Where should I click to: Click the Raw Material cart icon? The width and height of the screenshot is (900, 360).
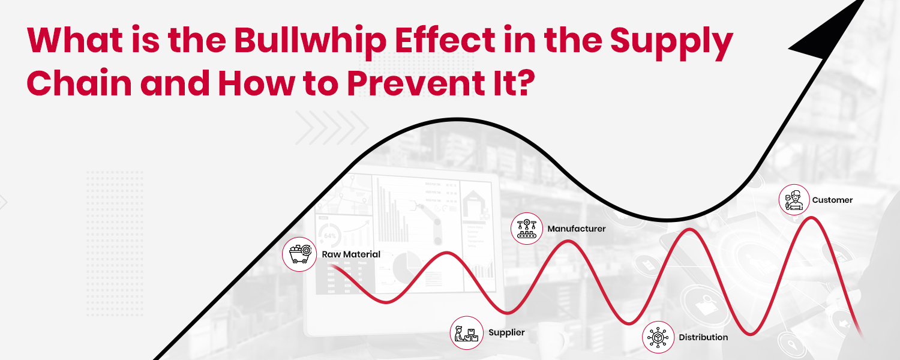pyautogui.click(x=299, y=254)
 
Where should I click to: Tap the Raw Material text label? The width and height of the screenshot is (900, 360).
pyautogui.click(x=351, y=254)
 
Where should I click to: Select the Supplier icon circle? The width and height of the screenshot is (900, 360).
pyautogui.click(x=467, y=332)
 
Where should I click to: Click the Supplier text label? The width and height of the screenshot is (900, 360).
pyautogui.click(x=506, y=332)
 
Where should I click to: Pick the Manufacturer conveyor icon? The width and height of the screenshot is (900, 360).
pyautogui.click(x=527, y=229)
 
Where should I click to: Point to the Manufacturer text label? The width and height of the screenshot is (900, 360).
pyautogui.click(x=576, y=229)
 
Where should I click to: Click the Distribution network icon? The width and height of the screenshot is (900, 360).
pyautogui.click(x=658, y=337)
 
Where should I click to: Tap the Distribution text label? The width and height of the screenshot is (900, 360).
pyautogui.click(x=703, y=337)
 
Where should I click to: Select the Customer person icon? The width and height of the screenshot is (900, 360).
pyautogui.click(x=794, y=200)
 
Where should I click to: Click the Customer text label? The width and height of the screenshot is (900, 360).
pyautogui.click(x=832, y=200)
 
